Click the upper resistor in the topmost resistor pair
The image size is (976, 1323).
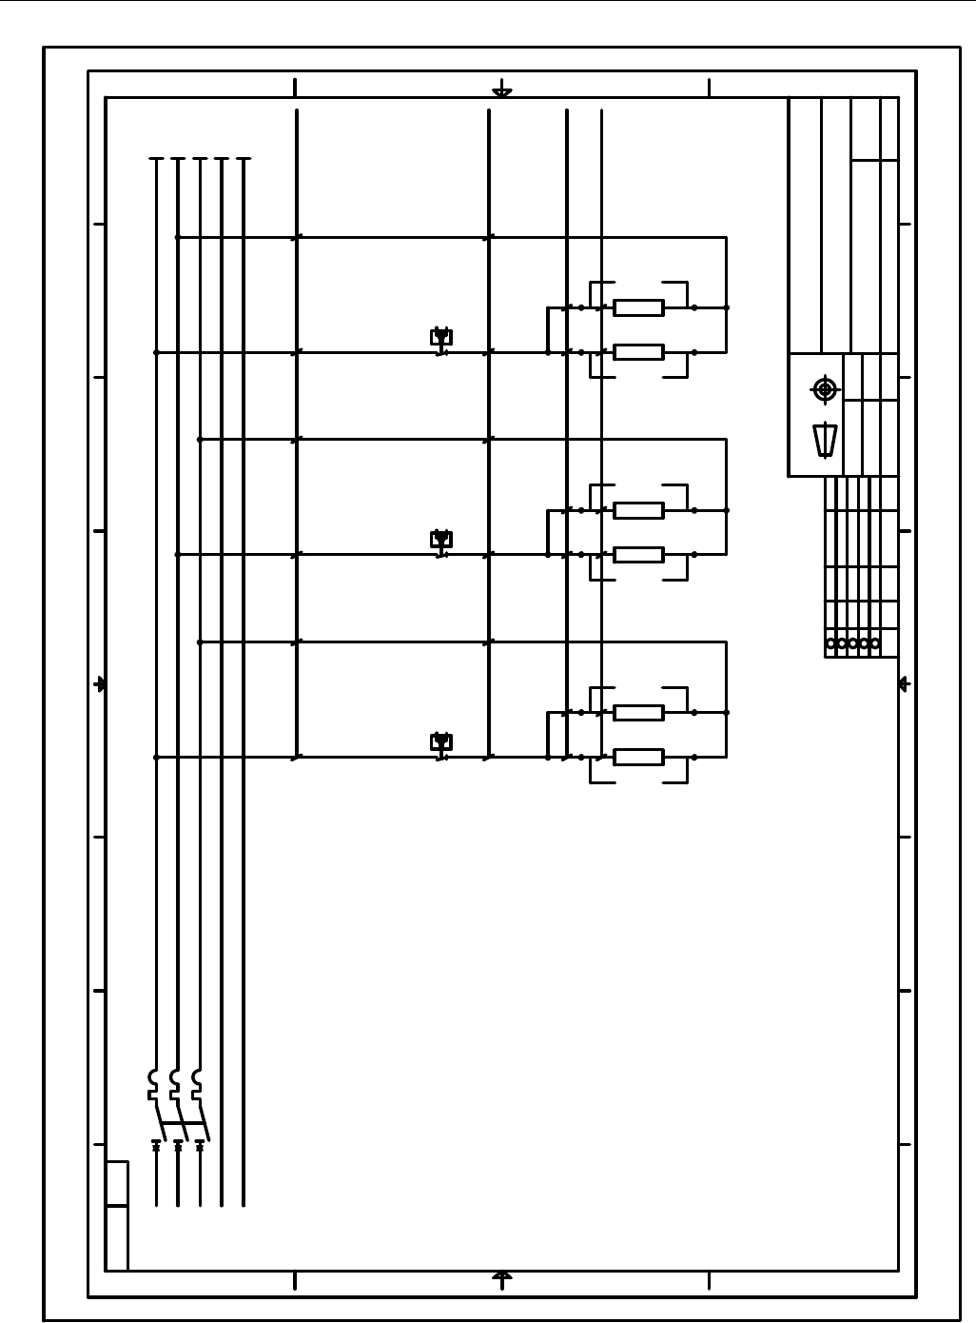point(638,307)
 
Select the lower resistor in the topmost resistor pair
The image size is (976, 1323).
point(638,352)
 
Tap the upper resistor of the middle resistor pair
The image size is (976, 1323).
point(638,510)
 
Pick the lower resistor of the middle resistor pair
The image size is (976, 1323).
point(638,555)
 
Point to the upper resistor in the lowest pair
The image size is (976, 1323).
point(638,713)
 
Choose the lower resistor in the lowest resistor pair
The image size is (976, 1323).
point(638,758)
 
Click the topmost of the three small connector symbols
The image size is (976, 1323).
point(440,338)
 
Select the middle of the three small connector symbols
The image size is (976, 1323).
point(440,541)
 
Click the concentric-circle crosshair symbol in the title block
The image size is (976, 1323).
point(825,389)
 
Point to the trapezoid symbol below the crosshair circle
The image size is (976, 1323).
point(825,440)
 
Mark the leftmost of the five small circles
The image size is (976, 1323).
point(831,643)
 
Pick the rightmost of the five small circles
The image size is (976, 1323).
point(875,643)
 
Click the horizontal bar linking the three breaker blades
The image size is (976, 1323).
point(181,1123)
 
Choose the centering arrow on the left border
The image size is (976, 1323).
point(100,684)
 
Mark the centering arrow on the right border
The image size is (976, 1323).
point(904,684)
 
